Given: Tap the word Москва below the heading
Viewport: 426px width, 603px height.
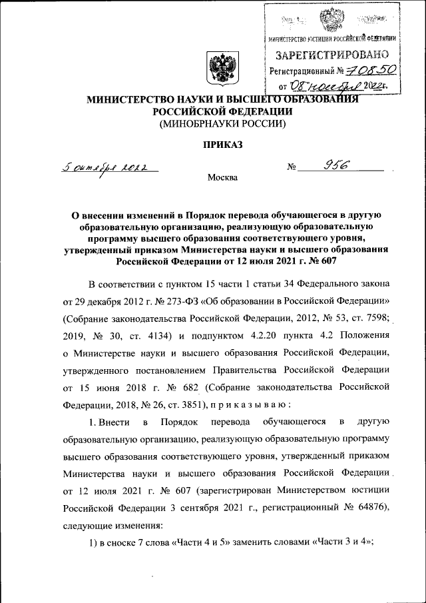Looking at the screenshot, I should click(222, 178).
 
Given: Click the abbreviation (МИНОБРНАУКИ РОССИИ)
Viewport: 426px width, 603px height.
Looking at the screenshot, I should click(220, 124).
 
